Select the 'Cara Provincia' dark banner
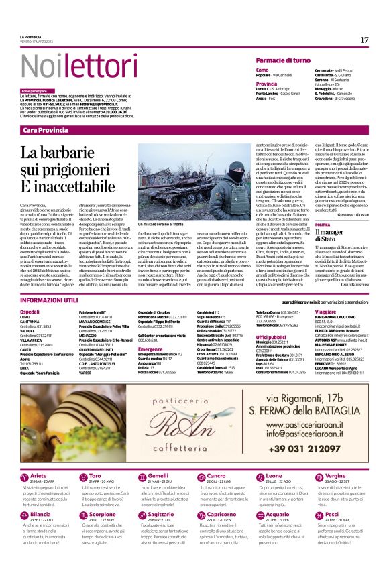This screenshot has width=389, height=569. pyautogui.click(x=45, y=129)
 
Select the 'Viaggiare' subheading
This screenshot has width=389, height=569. pyautogui.click(x=325, y=312)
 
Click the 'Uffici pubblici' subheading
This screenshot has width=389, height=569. pyautogui.click(x=271, y=337)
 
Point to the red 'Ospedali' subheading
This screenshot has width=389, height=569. pyautogui.click(x=30, y=312)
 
